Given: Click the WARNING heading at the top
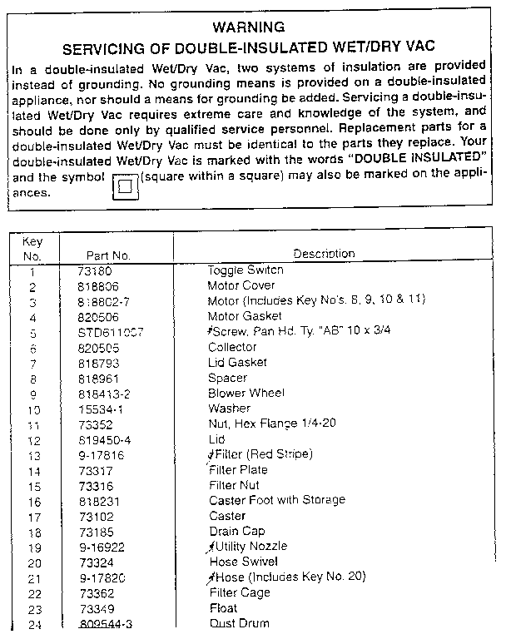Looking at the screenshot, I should pyautogui.click(x=249, y=27).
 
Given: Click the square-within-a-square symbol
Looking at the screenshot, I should pyautogui.click(x=125, y=186).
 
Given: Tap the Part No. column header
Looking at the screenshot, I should pyautogui.click(x=108, y=255).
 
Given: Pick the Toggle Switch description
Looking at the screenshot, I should pyautogui.click(x=246, y=270).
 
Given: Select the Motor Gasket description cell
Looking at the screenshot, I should pyautogui.click(x=245, y=316).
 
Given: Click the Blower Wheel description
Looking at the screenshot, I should pyautogui.click(x=246, y=393).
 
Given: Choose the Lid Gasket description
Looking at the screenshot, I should pyautogui.click(x=237, y=363).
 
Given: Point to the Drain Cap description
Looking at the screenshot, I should pyautogui.click(x=236, y=531).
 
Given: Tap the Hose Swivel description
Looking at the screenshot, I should pyautogui.click(x=242, y=562).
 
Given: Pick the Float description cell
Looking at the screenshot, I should pyautogui.click(x=223, y=608).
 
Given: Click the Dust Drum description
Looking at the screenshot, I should pyautogui.click(x=239, y=623).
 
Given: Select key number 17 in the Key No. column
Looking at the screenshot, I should pyautogui.click(x=33, y=516).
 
